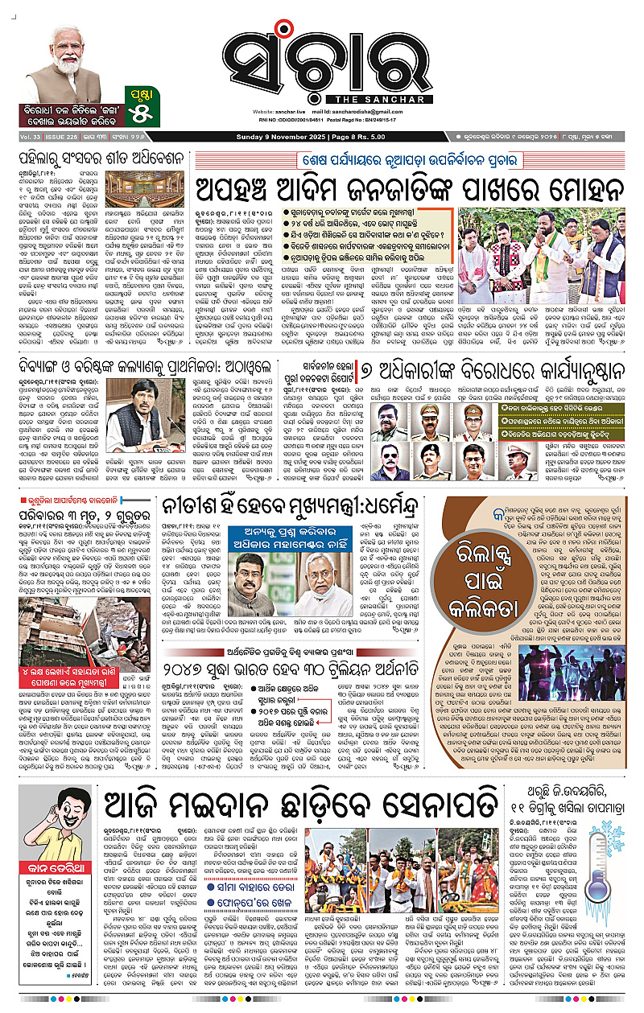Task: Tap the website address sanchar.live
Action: [x=297, y=109]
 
